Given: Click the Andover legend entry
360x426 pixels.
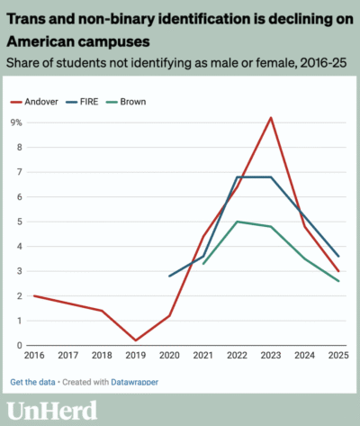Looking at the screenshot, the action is (x=34, y=102).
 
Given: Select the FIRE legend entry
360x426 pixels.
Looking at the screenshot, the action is (x=82, y=102).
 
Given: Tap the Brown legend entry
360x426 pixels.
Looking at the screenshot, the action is (x=126, y=102).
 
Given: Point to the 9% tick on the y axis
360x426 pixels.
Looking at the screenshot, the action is (x=16, y=122).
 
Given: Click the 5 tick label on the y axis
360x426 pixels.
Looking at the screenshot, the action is (x=20, y=222).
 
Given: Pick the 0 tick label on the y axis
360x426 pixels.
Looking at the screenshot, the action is (x=20, y=346).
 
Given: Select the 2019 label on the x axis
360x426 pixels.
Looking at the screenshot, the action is (x=136, y=356).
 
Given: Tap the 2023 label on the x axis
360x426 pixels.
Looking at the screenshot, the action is (x=271, y=356).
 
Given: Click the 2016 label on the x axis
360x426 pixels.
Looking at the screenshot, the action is (x=34, y=356).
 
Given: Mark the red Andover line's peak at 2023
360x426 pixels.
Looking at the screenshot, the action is (x=271, y=118).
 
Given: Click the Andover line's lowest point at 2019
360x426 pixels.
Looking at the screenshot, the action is (x=136, y=340).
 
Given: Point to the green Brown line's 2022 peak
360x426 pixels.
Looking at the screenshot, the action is (x=237, y=222).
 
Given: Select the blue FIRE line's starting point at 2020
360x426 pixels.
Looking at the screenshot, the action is (x=169, y=276).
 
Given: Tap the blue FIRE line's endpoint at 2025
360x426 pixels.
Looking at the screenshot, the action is (x=338, y=257).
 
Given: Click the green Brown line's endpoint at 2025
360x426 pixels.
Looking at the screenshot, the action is (x=338, y=281).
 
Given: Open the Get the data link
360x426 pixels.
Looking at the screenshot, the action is (x=32, y=382).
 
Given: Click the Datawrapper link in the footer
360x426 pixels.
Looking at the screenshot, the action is (x=135, y=382).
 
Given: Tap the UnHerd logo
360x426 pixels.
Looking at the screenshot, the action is (x=52, y=411).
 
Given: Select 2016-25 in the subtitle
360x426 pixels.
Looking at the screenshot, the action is (x=323, y=63).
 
